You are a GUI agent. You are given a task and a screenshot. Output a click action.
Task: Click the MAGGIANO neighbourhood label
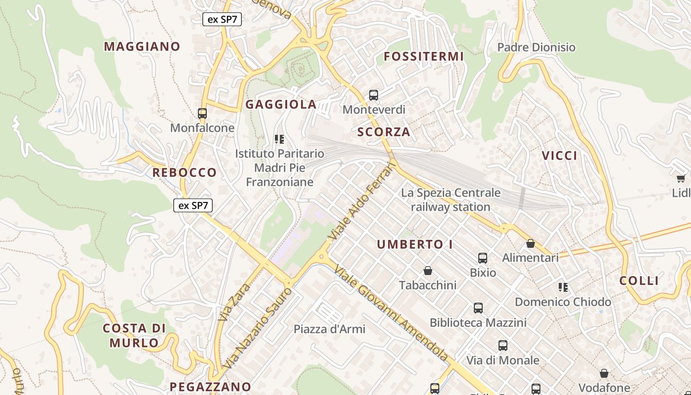coord(142,46)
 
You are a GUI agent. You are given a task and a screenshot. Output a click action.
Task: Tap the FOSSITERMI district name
coord(423,56)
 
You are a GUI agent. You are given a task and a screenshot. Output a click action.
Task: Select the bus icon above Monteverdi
coord(374,95)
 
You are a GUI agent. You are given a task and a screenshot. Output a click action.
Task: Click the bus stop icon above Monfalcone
coord(202,114)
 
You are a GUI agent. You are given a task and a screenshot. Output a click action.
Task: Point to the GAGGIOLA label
coord(281,104)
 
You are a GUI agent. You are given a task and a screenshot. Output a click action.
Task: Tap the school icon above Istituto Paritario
coord(279,139)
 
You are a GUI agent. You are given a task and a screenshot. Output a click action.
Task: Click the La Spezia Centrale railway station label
coord(451,199)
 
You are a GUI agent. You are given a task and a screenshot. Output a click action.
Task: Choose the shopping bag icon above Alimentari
coord(531,243)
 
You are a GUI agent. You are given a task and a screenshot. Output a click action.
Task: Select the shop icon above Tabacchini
coord(428,271)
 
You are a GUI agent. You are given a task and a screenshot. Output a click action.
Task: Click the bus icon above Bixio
coord(483,258)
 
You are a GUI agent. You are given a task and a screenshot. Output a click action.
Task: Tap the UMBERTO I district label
coord(415,244)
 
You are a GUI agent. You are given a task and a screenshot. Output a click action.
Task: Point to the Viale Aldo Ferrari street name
coord(363,200)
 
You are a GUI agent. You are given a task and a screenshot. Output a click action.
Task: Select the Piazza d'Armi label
coord(329,329)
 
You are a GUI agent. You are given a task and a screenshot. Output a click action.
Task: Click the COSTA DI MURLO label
coord(134,335)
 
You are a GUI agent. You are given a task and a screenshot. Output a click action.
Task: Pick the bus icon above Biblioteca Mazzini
coord(478,308)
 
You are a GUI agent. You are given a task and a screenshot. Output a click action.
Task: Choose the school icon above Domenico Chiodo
coord(563,287)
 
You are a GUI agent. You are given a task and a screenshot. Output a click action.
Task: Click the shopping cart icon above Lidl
coord(681,178)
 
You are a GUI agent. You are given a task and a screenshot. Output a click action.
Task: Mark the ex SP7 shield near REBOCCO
coord(193,205)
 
